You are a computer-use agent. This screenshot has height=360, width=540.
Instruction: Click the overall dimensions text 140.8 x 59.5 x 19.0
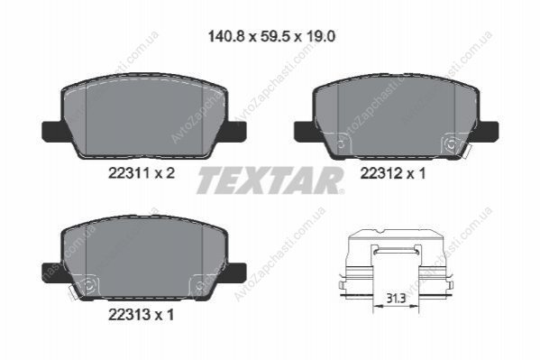(271, 36)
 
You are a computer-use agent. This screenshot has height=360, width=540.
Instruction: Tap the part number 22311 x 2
(142, 173)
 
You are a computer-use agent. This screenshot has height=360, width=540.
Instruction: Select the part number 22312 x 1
(393, 173)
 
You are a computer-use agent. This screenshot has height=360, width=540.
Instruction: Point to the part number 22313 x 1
(142, 314)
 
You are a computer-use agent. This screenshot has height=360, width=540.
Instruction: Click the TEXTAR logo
(270, 180)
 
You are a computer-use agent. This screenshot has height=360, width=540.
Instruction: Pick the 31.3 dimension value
(396, 299)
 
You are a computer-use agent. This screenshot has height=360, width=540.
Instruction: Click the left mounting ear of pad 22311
(52, 132)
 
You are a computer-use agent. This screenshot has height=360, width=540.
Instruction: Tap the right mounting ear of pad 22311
(235, 132)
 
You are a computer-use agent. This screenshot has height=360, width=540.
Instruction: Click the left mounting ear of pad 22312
(305, 132)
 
